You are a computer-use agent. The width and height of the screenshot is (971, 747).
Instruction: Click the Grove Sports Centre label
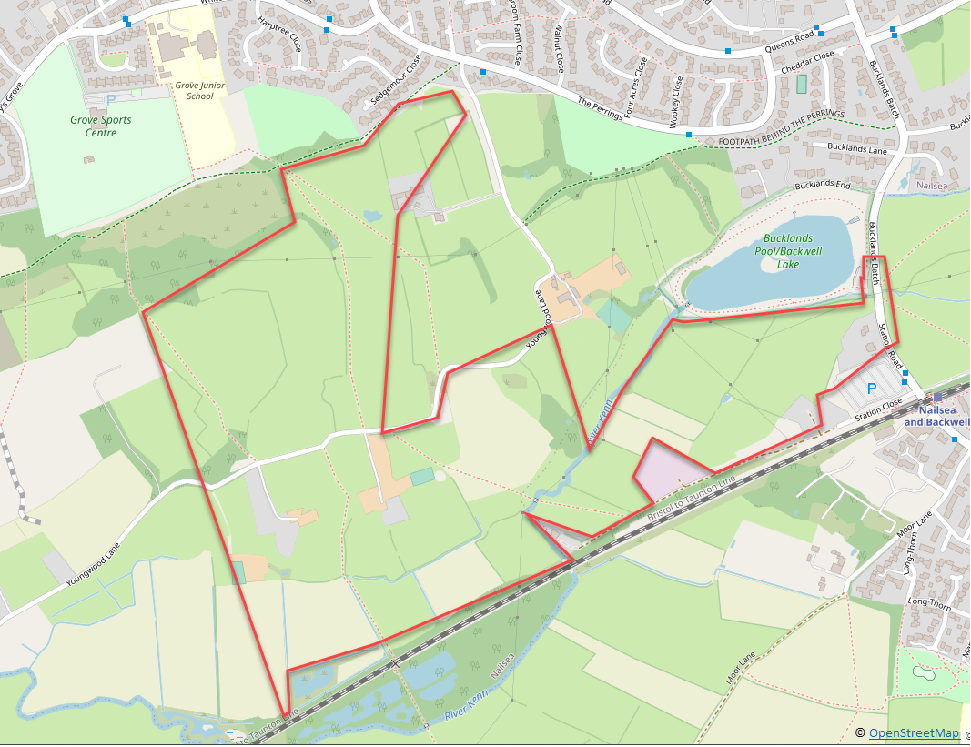(100, 126)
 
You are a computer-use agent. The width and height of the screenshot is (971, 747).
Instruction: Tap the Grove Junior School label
(194, 90)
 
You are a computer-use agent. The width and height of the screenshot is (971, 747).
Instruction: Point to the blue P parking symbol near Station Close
(871, 389)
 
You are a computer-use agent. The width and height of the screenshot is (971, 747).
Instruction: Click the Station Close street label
(878, 409)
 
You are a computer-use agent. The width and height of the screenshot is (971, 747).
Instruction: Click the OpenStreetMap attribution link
(914, 733)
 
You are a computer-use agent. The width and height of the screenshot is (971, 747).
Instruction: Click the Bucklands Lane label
(856, 147)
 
